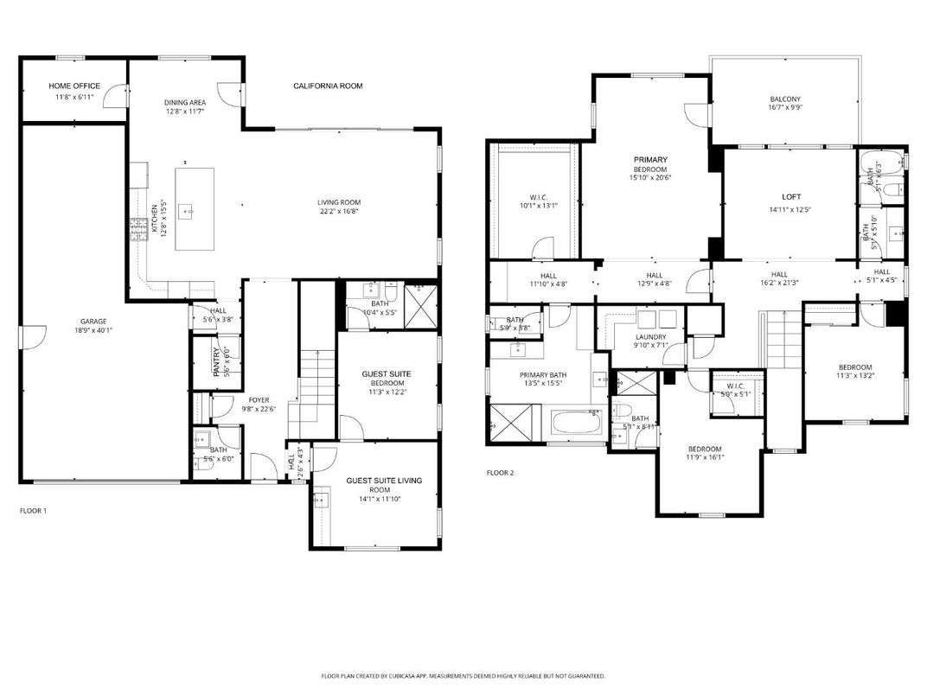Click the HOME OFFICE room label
coord(74,86)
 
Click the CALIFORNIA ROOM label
coord(328,86)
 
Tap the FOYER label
coord(259,400)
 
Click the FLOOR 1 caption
coord(33,511)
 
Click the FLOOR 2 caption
coord(500,473)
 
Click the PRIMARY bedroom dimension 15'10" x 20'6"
coord(650,178)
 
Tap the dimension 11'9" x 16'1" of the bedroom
coord(705,457)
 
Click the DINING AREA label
coord(185,102)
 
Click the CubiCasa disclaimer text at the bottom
coord(463,676)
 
